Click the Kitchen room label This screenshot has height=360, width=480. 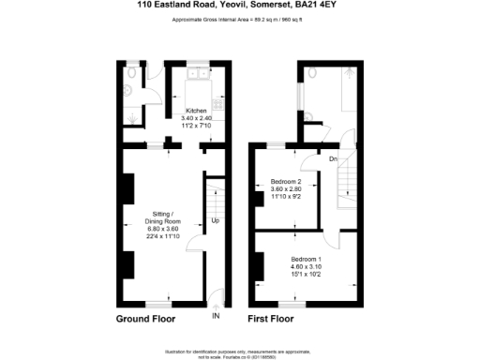(196, 112)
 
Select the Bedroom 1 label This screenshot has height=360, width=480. (306, 259)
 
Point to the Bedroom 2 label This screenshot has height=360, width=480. (286, 181)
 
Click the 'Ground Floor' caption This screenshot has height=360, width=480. (145, 319)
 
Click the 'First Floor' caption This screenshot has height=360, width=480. (272, 319)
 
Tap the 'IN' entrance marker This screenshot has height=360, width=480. (216, 317)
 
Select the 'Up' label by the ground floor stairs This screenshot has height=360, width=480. (215, 221)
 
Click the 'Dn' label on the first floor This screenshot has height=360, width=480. (332, 159)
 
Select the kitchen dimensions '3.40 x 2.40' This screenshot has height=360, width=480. (196, 118)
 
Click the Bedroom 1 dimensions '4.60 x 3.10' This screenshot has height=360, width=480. (306, 266)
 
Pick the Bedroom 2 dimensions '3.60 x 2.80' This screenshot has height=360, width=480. (286, 188)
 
